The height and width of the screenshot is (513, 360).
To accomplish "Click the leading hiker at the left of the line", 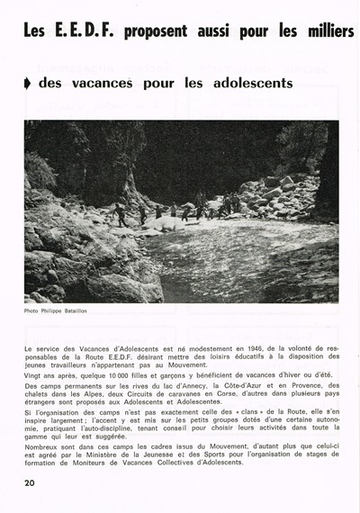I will click(120, 217).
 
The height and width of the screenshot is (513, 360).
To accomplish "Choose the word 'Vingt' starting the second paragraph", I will click(34, 373).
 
